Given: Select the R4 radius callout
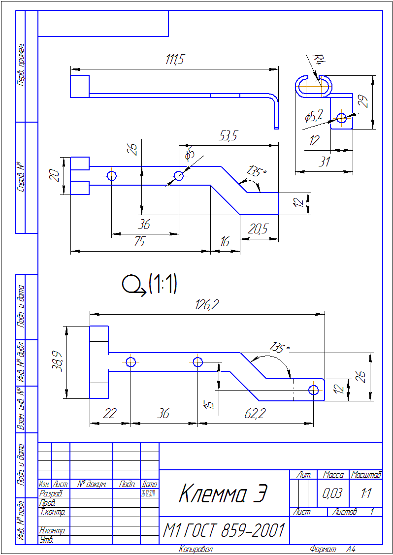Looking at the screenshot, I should pos(319,61).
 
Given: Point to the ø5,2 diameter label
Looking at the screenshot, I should pos(314,116).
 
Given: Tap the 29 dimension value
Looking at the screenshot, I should pos(363,102).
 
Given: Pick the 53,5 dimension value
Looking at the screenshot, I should pos(228,137).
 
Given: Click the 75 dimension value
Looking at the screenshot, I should pos(140,242).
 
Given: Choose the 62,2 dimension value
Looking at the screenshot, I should pos(255,414).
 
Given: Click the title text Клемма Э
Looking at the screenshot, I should pos(223,493).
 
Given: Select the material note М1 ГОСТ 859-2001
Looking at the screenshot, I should pos(224,531).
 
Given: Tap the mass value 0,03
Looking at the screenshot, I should pos(332,493).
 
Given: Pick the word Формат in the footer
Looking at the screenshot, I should pos(323,549).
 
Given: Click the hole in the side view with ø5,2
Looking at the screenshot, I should pos(341,117).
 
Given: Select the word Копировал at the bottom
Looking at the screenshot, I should pos(196,549).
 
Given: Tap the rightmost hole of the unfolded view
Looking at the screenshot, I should pos(314,390).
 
